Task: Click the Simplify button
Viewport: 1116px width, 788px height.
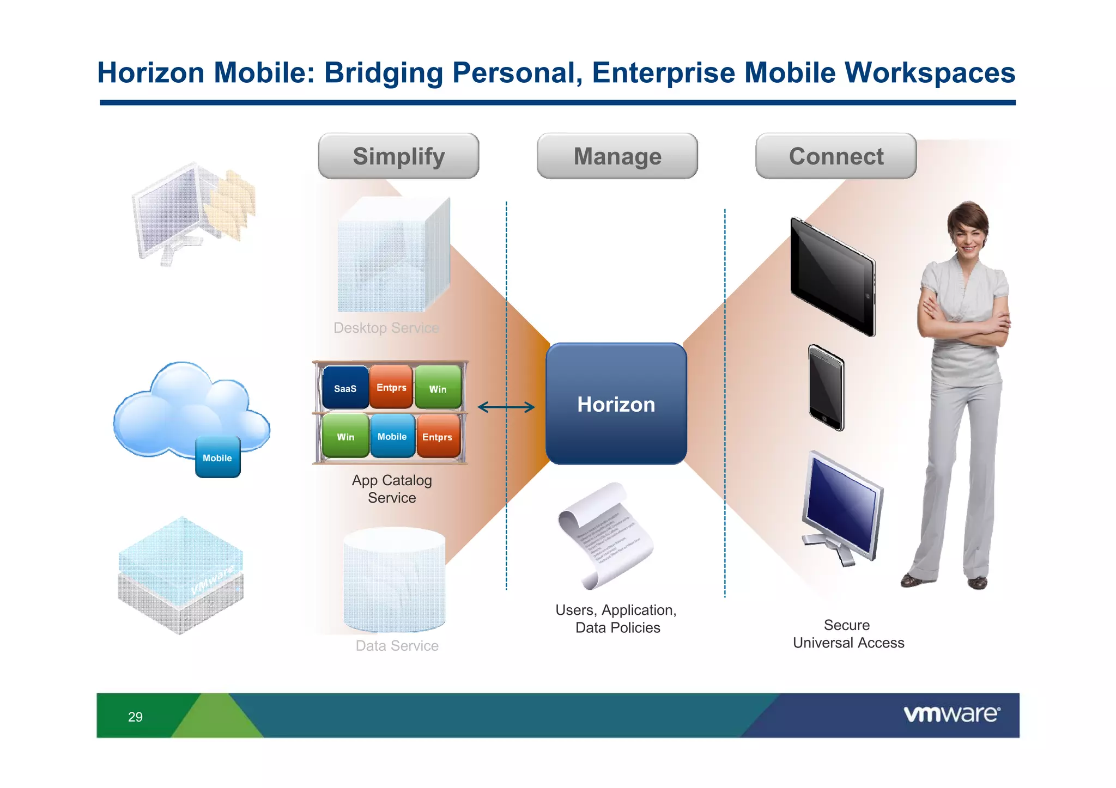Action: tap(398, 156)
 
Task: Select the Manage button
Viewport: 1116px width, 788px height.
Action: tap(617, 156)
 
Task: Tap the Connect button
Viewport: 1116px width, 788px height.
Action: tap(836, 156)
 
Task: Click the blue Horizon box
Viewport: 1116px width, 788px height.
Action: tap(616, 404)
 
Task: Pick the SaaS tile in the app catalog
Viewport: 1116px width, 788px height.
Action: tap(345, 388)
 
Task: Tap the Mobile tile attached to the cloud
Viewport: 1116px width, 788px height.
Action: tap(217, 458)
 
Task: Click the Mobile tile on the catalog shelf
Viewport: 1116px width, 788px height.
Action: tap(392, 437)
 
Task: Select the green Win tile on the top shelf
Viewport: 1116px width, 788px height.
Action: tap(438, 388)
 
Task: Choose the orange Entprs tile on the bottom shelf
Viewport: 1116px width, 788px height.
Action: tap(438, 437)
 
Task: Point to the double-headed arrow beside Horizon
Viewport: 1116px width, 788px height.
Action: tap(506, 407)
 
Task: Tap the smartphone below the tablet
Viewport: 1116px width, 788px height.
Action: tap(826, 388)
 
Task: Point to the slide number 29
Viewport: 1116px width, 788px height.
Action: tap(135, 717)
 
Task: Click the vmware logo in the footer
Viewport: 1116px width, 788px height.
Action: tap(951, 714)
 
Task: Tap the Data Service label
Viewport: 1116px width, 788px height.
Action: tap(397, 646)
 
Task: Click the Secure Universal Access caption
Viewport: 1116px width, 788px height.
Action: tap(848, 634)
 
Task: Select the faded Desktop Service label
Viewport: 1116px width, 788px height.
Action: tap(386, 328)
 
